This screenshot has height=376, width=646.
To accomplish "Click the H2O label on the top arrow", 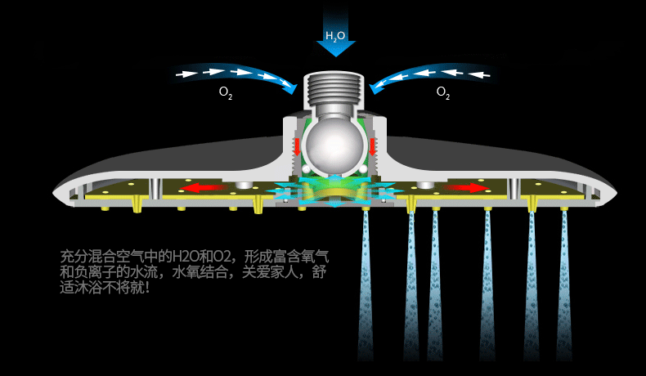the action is pyautogui.click(x=335, y=36).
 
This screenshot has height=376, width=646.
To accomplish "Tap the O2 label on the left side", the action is pyautogui.click(x=226, y=92).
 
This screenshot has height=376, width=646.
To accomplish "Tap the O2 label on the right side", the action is pyautogui.click(x=443, y=92).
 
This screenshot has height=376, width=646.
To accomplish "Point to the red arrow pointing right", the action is pyautogui.click(x=466, y=188).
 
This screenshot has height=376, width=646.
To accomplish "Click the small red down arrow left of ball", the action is pyautogui.click(x=296, y=146).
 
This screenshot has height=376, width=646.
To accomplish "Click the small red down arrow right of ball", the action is pyautogui.click(x=372, y=146).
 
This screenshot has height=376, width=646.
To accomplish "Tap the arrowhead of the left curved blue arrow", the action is pyautogui.click(x=290, y=87).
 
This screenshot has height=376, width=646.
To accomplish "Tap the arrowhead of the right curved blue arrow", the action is pyautogui.click(x=376, y=87).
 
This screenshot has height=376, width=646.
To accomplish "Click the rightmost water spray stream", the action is pyautogui.click(x=564, y=285).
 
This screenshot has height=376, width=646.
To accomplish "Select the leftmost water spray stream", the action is pyautogui.click(x=366, y=285).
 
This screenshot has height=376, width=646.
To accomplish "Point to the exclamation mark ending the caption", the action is pyautogui.click(x=147, y=287).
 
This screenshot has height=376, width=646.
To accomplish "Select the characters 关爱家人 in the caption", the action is pyautogui.click(x=270, y=272).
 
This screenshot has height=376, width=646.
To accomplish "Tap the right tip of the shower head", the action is pyautogui.click(x=616, y=191).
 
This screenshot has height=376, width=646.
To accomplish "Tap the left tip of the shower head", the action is pyautogui.click(x=54, y=192).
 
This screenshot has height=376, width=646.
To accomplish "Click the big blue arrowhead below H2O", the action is pyautogui.click(x=336, y=48).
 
